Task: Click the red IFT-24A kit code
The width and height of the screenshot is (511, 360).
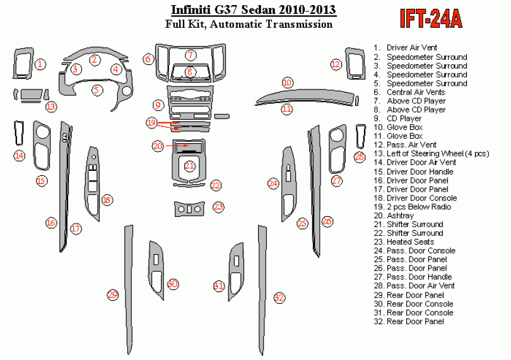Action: [431, 18]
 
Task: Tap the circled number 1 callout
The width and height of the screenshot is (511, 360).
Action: [40, 64]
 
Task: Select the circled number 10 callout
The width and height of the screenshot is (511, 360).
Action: [287, 83]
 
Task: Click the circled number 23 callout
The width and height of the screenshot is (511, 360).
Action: [218, 207]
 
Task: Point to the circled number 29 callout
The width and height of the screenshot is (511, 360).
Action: [113, 295]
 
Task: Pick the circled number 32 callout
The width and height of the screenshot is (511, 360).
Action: [279, 297]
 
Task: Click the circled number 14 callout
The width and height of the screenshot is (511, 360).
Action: [19, 155]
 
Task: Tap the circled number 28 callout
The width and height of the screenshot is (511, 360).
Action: [360, 157]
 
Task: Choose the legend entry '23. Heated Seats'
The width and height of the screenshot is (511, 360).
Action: [404, 241]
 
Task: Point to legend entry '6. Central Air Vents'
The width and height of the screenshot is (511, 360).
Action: [409, 92]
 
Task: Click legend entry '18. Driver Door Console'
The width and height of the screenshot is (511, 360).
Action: [415, 198]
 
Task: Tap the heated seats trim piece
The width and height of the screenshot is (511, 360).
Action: [189, 209]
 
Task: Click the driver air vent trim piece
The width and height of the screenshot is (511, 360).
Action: [23, 63]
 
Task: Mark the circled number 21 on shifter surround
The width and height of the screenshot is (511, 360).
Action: [189, 166]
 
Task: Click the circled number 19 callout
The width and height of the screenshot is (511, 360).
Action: [151, 122]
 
